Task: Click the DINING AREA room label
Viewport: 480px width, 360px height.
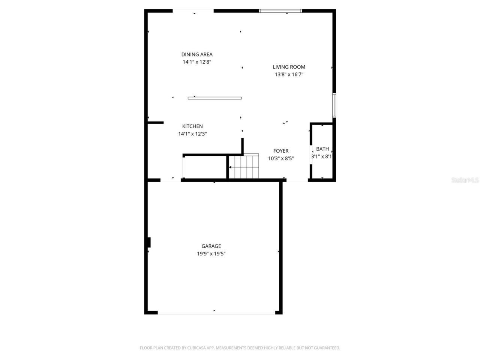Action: coord(197,54)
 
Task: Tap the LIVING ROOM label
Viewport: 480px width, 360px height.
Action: coord(289,67)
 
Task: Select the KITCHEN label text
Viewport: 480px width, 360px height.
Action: coord(192,126)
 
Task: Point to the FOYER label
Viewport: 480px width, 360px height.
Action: coord(281,151)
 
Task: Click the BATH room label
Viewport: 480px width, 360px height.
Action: coord(322,149)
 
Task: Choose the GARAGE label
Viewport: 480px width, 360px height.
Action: coord(211,246)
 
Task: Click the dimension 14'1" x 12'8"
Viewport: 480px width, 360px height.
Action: coord(197,62)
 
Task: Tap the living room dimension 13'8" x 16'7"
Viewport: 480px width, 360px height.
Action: coord(289,75)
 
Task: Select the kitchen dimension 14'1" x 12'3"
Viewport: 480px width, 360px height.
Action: coord(192,134)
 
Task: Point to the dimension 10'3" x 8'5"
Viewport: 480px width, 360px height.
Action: coord(281,159)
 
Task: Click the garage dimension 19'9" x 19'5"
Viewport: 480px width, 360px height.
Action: coord(211,254)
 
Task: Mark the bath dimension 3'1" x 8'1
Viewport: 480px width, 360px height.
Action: coord(321,156)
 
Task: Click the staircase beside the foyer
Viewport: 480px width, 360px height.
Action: coord(244,166)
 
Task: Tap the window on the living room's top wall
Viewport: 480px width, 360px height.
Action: coord(280,11)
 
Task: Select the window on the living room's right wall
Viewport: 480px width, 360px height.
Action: coord(334,105)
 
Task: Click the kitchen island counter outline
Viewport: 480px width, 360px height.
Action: coord(214,98)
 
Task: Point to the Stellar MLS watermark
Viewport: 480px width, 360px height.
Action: coord(465,180)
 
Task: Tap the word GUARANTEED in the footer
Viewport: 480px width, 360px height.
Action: coord(328,348)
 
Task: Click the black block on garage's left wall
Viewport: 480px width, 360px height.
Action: coord(149,242)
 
